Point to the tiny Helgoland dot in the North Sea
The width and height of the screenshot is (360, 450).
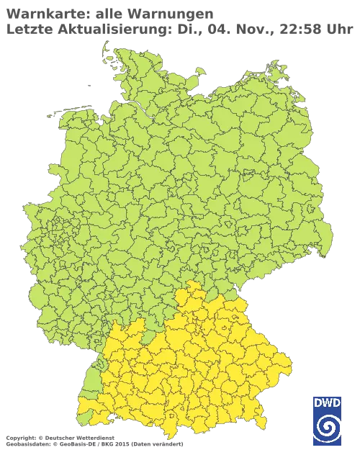(x=86, y=82)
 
